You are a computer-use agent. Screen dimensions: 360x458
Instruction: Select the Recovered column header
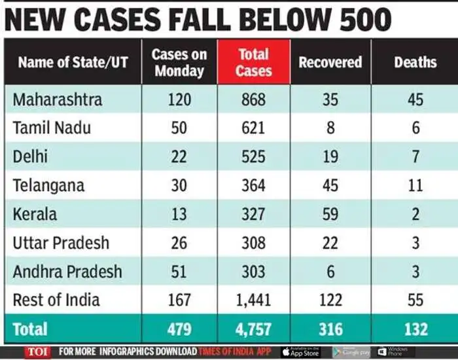[330, 62]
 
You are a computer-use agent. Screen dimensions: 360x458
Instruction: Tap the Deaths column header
[415, 62]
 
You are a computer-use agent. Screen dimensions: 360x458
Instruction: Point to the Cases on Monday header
[179, 62]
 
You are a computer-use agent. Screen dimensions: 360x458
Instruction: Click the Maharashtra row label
[58, 99]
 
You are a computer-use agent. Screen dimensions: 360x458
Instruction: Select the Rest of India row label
[56, 300]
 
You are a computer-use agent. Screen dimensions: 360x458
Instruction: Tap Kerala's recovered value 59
[330, 214]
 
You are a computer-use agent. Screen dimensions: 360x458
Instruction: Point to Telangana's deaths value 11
[415, 185]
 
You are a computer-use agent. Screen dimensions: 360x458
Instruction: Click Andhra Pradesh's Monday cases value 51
[179, 272]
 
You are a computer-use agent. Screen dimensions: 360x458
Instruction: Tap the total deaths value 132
[415, 329]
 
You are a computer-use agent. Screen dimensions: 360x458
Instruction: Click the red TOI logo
[37, 351]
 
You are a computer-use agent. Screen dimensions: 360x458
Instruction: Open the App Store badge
[302, 351]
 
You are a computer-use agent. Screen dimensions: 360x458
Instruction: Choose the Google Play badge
[351, 351]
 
